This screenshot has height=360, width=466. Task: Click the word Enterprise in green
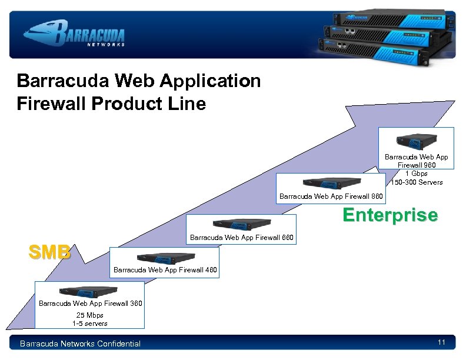[390, 215]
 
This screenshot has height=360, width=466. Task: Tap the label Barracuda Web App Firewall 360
[90, 304]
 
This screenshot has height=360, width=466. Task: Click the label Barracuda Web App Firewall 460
[165, 270]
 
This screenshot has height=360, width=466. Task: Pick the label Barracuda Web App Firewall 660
[241, 238]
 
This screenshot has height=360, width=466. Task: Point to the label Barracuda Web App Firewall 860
[331, 196]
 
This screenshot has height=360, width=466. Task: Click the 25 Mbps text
[90, 315]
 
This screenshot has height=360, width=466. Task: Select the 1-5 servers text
[90, 324]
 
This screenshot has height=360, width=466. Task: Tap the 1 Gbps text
[417, 174]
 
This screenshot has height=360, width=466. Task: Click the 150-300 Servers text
[417, 182]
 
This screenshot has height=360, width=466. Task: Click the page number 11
[441, 342]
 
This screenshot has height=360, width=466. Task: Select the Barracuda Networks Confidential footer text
[81, 344]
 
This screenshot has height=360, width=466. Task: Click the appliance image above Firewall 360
[88, 292]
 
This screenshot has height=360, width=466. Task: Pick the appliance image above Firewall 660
[241, 225]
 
